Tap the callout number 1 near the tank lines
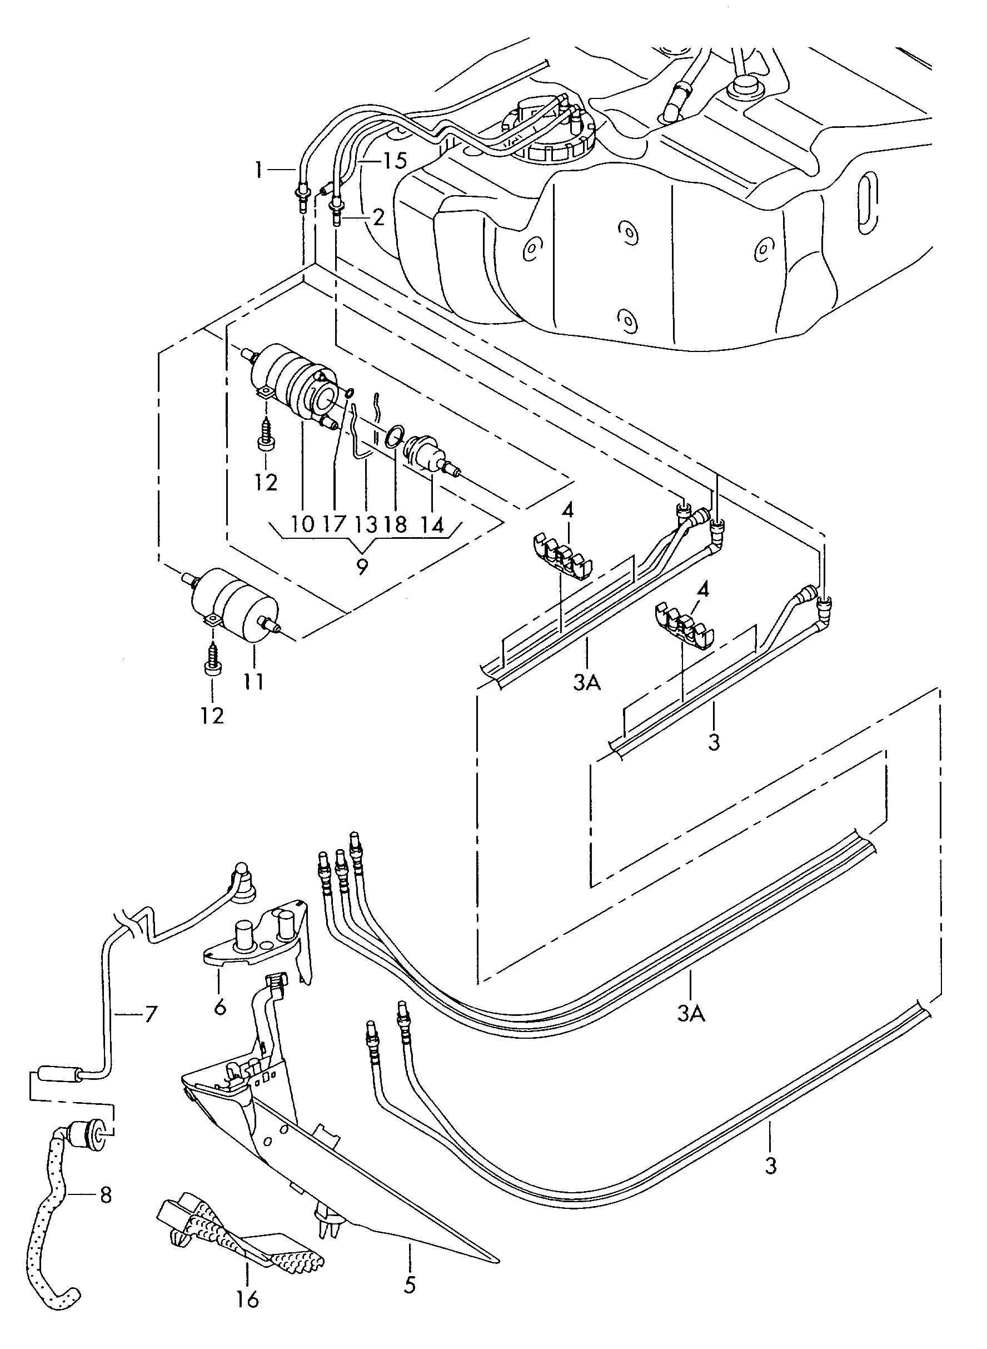[x=258, y=170]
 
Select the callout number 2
[x=378, y=217]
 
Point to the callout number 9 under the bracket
[x=362, y=566]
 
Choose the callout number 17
[x=334, y=524]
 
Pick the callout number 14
[x=432, y=524]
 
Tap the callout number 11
[x=253, y=681]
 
